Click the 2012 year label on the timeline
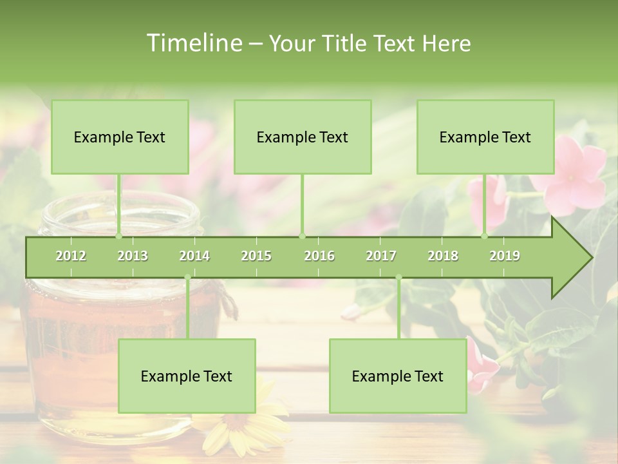point(71,256)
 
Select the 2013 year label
point(133,256)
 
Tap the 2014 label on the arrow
point(194,256)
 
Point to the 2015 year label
point(256,256)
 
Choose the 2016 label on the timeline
point(319,256)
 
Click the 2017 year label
point(381,256)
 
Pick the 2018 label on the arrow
point(443,256)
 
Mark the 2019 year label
point(505,256)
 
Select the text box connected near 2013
point(120,137)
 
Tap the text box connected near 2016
point(303,137)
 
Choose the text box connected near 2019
point(485,137)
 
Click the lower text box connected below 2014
point(187,376)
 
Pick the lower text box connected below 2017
point(398,376)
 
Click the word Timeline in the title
point(193,43)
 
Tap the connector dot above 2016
point(303,236)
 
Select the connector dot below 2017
point(398,278)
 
